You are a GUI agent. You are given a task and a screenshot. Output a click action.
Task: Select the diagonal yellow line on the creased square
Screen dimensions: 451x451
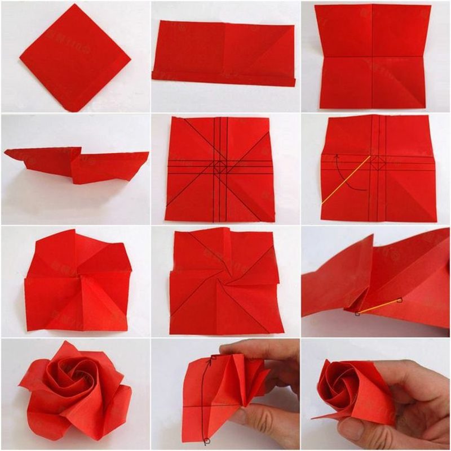pyautogui.click(x=346, y=180)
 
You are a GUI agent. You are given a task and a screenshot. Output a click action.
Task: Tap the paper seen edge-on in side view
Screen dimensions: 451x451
pyautogui.click(x=76, y=164)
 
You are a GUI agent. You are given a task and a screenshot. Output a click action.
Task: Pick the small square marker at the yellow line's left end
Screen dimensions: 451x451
pyautogui.click(x=357, y=314)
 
